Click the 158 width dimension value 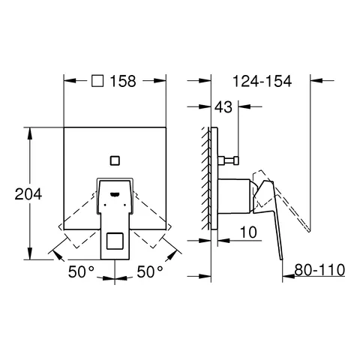tap(123, 84)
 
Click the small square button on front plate tap(114, 159)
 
